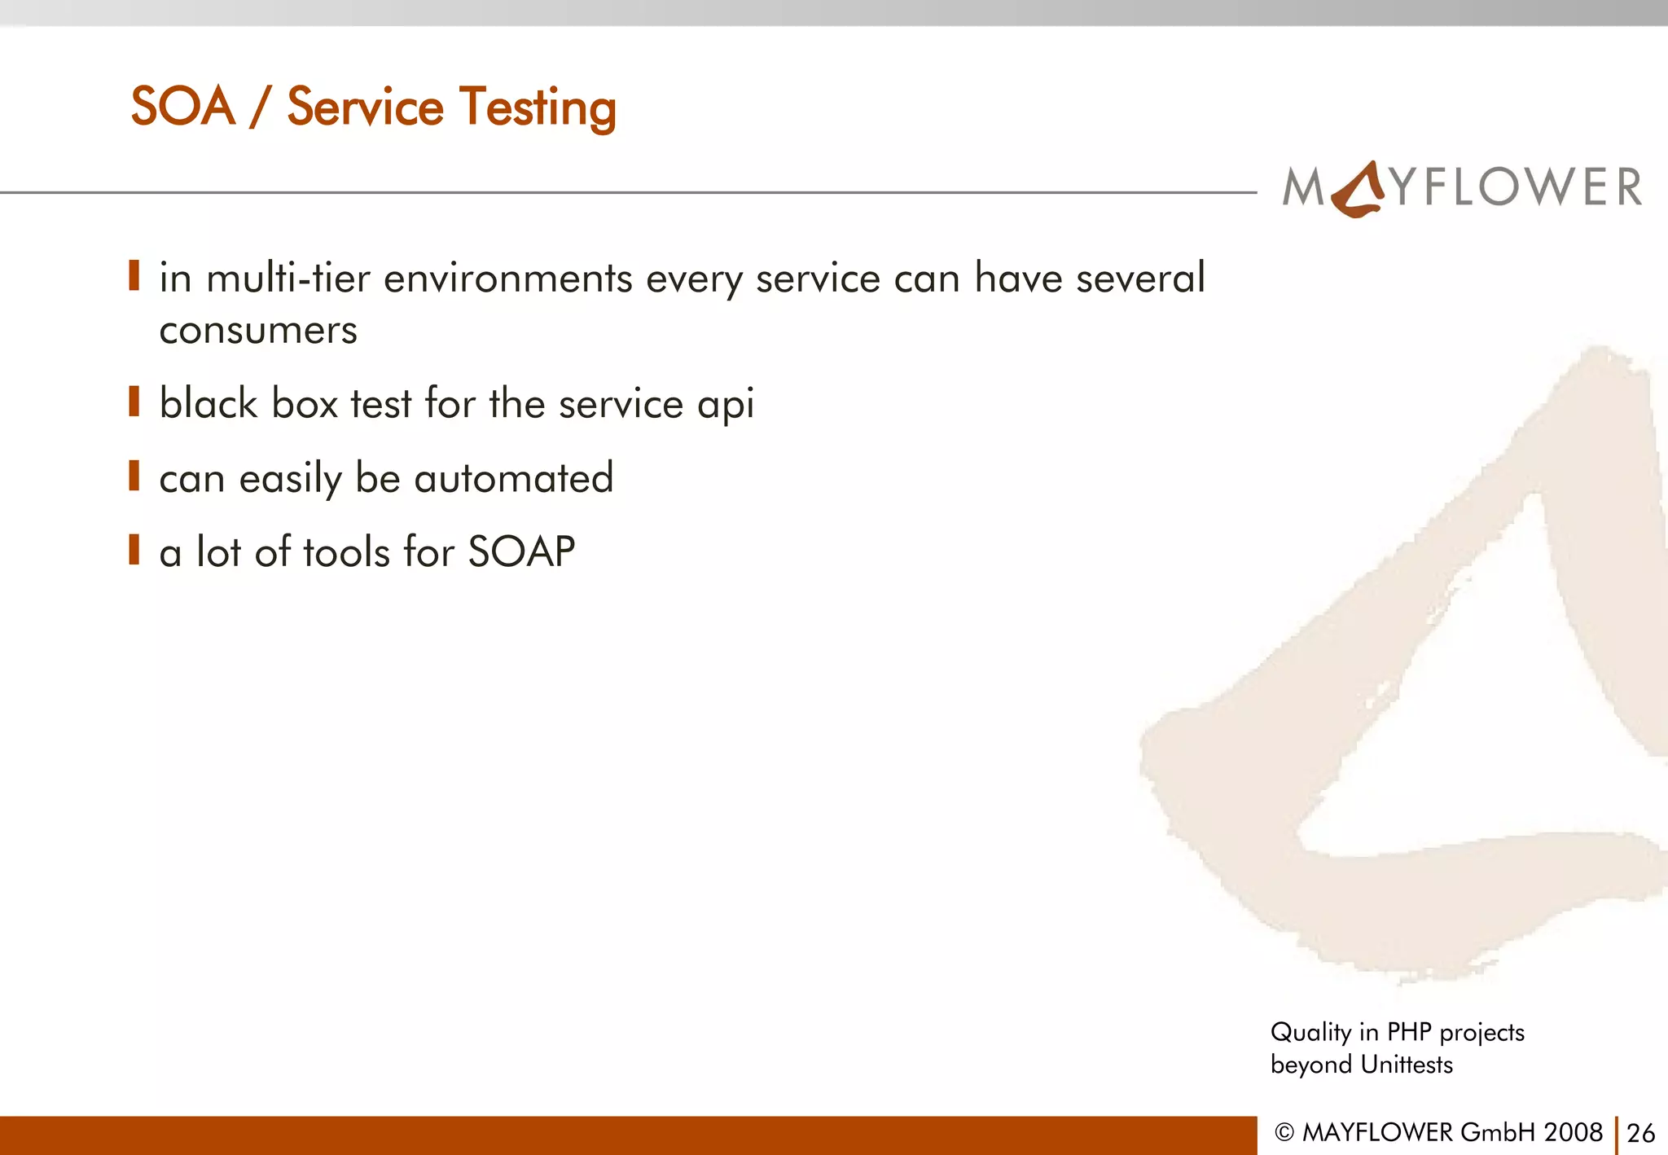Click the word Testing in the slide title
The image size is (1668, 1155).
point(538,108)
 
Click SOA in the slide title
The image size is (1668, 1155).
point(183,107)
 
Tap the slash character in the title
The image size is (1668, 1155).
point(260,108)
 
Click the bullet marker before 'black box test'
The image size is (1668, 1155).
point(134,402)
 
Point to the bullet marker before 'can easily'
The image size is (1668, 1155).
point(134,476)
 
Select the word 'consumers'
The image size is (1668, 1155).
point(258,330)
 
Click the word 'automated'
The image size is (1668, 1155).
point(513,478)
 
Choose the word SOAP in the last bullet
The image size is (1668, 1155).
point(521,552)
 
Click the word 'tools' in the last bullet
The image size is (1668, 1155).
point(346,552)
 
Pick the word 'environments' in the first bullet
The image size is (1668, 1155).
point(507,279)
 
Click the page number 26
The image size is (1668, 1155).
point(1640,1133)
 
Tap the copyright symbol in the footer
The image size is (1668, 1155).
point(1284,1133)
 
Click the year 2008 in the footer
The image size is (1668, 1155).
point(1573,1132)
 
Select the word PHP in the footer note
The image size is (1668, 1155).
point(1409,1032)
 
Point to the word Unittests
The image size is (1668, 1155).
point(1407,1065)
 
